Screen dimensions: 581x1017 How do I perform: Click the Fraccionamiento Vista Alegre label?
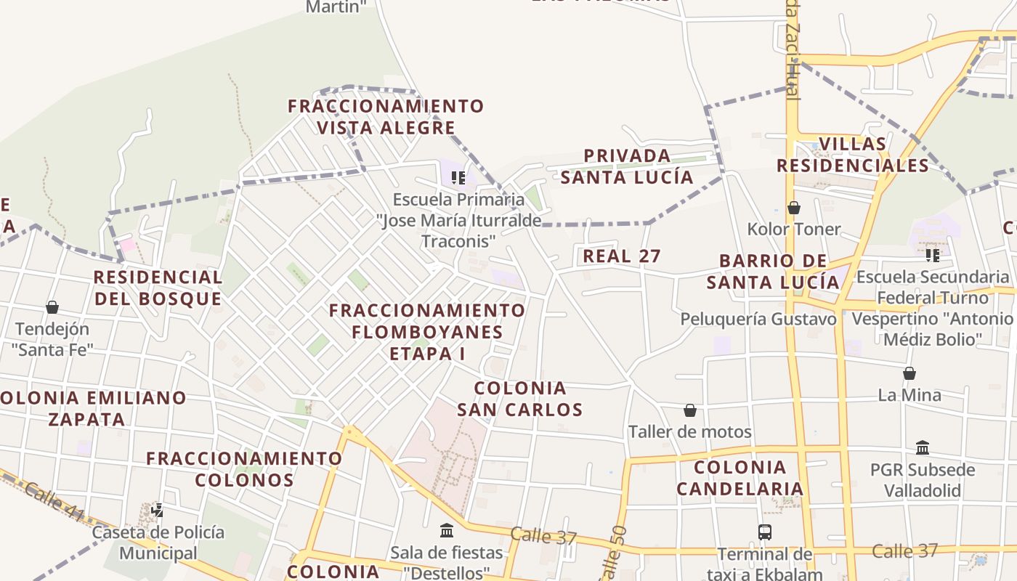[x=386, y=117]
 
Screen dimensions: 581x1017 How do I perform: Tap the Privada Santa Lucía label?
[x=627, y=166]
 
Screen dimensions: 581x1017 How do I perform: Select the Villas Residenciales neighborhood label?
[x=853, y=155]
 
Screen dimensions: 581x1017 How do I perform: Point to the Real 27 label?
[x=622, y=256]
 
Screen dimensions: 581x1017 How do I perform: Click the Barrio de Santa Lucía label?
[x=773, y=272]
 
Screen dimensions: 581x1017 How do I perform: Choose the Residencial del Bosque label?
[x=158, y=288]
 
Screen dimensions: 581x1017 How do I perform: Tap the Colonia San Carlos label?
[x=520, y=399]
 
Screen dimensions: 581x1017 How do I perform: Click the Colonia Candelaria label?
[x=740, y=478]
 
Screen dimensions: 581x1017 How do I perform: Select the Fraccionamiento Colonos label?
[x=244, y=469]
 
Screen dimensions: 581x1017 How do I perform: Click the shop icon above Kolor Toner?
[x=794, y=208]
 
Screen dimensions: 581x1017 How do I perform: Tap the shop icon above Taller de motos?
[x=690, y=411]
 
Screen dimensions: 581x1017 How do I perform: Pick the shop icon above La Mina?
[x=909, y=373]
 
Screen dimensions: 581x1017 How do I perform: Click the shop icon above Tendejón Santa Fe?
[x=52, y=307]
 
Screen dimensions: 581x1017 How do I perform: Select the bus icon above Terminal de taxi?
[x=765, y=532]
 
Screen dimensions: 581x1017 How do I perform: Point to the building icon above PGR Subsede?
[x=923, y=447]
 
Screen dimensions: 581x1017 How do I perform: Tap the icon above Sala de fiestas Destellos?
[x=447, y=531]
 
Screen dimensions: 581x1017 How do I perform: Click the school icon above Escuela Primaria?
[x=458, y=177]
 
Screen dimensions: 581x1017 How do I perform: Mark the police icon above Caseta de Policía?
[x=157, y=511]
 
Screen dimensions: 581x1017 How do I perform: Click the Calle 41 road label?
[x=54, y=501]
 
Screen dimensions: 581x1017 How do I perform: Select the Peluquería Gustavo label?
[x=758, y=319]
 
